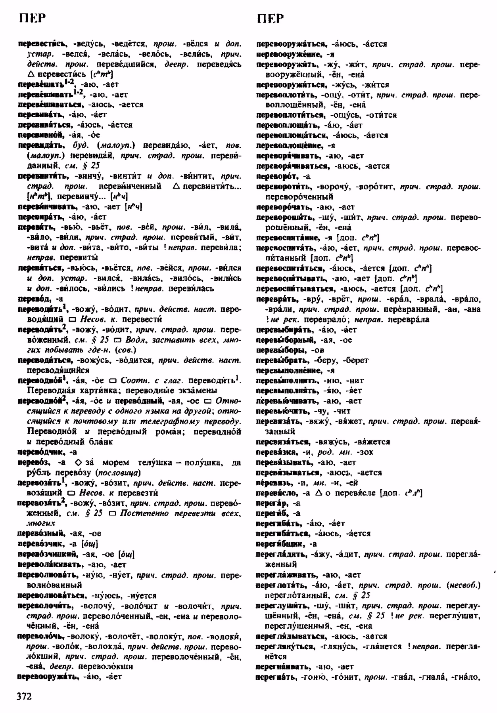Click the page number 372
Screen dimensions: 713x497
pyautogui.click(x=24, y=696)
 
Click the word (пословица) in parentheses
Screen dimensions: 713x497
pyautogui.click(x=123, y=473)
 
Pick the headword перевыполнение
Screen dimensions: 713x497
pyautogui.click(x=290, y=370)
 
